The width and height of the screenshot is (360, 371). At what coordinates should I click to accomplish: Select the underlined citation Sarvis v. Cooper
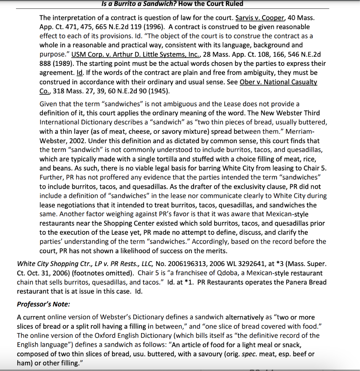[x=260, y=18]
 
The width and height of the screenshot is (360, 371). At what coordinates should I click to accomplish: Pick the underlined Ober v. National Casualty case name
[x=278, y=82]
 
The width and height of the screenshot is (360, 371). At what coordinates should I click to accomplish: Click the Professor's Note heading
[x=43, y=304]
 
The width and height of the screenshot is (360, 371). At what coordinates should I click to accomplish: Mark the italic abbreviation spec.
[x=248, y=354]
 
